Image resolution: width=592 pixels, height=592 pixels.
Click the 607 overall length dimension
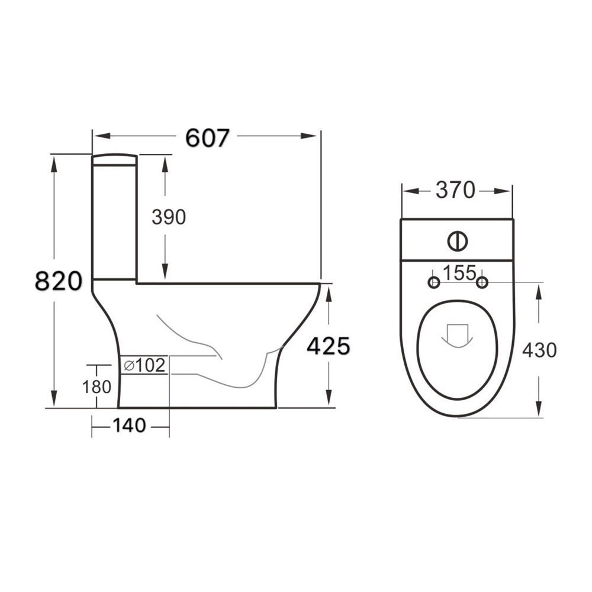pyautogui.click(x=207, y=137)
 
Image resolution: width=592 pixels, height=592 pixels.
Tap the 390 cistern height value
pyautogui.click(x=169, y=217)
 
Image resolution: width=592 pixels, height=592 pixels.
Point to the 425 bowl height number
pyautogui.click(x=328, y=346)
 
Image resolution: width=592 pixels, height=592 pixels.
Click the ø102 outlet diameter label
pyautogui.click(x=144, y=366)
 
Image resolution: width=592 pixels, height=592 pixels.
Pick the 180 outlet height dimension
pyautogui.click(x=96, y=387)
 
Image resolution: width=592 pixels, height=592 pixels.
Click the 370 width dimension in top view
pyautogui.click(x=455, y=191)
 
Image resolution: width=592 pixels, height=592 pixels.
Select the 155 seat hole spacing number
pyautogui.click(x=459, y=273)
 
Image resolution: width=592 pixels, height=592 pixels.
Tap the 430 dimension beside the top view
pyautogui.click(x=539, y=350)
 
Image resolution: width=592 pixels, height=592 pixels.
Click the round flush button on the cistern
pyautogui.click(x=457, y=240)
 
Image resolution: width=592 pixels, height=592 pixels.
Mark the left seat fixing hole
pyautogui.click(x=434, y=283)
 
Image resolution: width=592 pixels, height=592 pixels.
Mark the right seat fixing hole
pyautogui.click(x=482, y=283)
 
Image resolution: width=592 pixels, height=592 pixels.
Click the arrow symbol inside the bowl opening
pyautogui.click(x=457, y=335)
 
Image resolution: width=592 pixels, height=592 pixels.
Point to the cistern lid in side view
pyautogui.click(x=115, y=159)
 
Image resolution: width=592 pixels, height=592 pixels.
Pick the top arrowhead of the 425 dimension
pyautogui.click(x=329, y=292)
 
